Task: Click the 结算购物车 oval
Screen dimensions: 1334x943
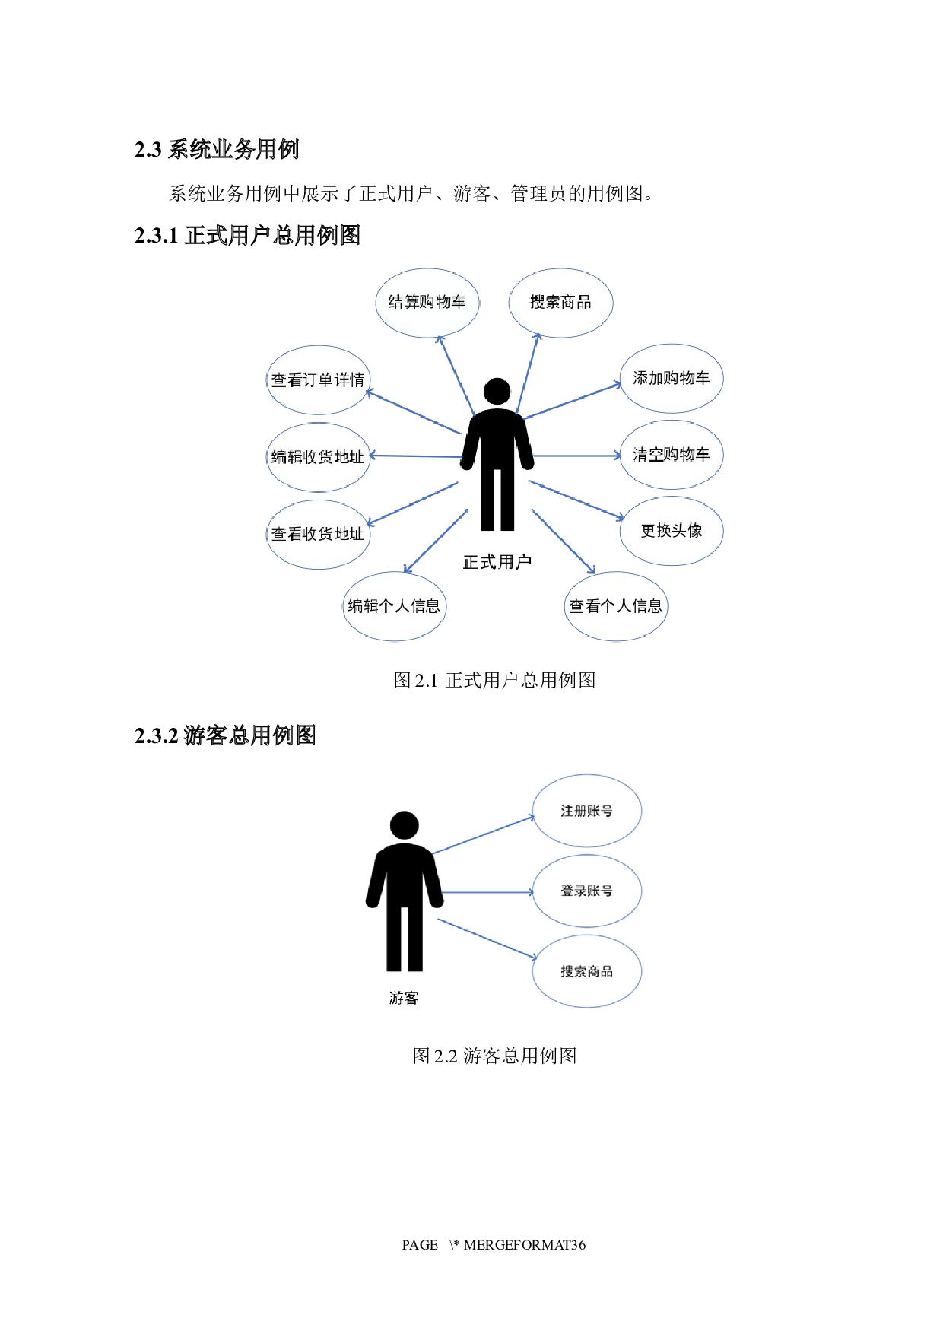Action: pos(427,303)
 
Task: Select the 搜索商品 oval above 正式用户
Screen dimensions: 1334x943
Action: pos(560,303)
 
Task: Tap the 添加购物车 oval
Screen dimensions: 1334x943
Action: pos(671,379)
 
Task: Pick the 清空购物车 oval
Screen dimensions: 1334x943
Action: pos(671,455)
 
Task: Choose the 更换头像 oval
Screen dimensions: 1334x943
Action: pos(671,531)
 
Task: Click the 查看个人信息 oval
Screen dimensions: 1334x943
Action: pos(616,606)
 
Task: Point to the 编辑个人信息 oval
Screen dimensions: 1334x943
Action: pos(394,606)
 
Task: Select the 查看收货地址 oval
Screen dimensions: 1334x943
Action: pos(318,534)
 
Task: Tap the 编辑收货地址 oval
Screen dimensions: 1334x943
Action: pos(318,457)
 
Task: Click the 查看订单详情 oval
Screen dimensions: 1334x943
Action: pos(318,380)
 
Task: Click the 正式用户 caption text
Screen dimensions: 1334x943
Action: pos(497,562)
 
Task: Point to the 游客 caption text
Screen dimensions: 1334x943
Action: pos(404,998)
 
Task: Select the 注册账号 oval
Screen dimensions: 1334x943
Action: pos(586,812)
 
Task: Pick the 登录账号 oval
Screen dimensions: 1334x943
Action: pos(586,891)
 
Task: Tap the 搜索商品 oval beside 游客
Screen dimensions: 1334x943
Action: pos(586,971)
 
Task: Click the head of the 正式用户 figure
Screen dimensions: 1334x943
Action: pos(497,392)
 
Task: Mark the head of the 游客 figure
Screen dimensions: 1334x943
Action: pos(405,825)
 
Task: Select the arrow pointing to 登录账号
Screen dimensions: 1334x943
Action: pos(487,892)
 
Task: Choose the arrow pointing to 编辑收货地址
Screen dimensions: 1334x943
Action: pos(414,456)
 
